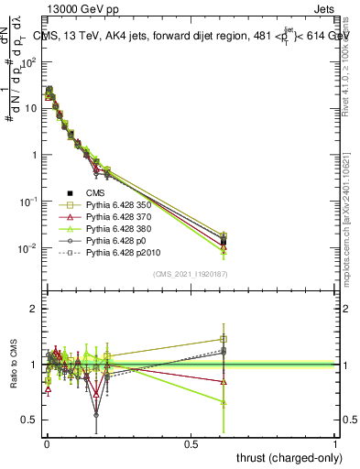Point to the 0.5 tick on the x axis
click(x=191, y=444)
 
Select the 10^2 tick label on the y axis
click(x=28, y=61)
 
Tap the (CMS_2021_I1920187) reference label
click(x=191, y=273)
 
